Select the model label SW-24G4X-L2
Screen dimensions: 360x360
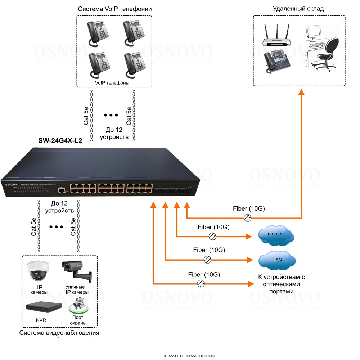(x=60, y=141)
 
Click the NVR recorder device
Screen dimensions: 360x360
(x=41, y=307)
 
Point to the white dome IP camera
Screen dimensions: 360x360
(x=37, y=270)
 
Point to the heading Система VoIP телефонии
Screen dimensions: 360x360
(x=114, y=9)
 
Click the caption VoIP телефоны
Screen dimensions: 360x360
(x=112, y=82)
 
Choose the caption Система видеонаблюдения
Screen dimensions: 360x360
(x=59, y=333)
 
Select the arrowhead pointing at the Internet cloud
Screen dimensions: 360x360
(x=248, y=237)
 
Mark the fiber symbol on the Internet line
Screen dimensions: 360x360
(x=213, y=236)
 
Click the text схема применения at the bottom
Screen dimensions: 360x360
(x=187, y=356)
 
